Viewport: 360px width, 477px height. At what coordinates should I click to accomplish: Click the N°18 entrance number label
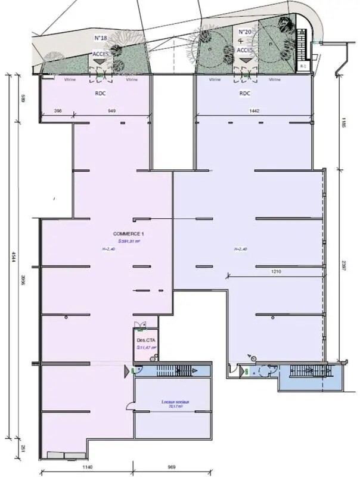pos(100,38)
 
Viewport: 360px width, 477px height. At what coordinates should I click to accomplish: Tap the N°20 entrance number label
pos(244,32)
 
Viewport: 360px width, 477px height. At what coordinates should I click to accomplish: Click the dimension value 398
pos(58,111)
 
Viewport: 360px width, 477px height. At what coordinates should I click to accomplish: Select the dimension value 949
pos(111,111)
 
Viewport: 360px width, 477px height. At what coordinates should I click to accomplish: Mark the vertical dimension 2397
pos(344,265)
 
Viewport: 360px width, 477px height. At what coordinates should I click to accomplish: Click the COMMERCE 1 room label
pos(128,233)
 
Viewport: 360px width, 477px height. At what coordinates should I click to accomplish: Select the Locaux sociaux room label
pos(175,402)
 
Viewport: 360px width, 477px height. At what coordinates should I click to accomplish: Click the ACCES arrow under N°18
pos(100,61)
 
